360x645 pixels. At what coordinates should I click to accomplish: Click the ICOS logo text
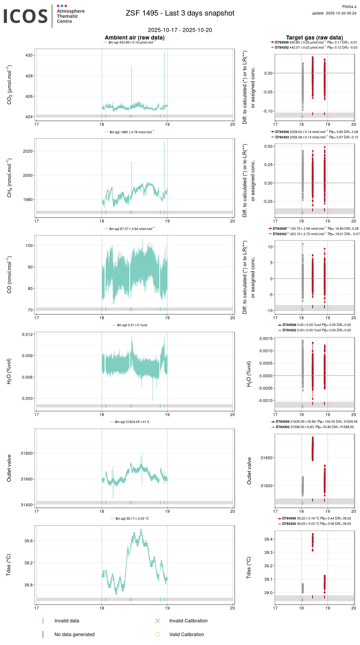click(26, 16)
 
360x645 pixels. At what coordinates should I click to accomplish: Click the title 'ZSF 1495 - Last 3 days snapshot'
click(180, 13)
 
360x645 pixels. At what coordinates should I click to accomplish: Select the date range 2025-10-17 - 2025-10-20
click(180, 30)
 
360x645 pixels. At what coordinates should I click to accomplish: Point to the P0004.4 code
click(349, 7)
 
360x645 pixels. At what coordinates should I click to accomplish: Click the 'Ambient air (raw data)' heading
click(135, 38)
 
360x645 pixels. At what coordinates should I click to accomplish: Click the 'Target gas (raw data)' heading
click(314, 38)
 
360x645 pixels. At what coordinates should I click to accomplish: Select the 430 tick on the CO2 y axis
click(29, 55)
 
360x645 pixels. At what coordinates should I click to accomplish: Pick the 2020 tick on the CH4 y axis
click(28, 151)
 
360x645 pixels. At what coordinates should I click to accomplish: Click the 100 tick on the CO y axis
click(29, 245)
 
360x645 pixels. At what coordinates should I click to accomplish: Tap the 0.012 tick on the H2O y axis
click(27, 334)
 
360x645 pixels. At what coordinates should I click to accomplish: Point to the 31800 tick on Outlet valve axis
click(27, 453)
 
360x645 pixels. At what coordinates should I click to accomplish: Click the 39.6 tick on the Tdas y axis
click(28, 541)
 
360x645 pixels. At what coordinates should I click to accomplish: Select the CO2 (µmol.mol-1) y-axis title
click(9, 85)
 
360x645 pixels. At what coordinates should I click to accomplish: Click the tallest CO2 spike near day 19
click(164, 53)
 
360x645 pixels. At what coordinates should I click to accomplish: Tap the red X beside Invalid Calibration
click(158, 621)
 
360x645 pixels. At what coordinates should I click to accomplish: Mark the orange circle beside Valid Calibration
click(158, 634)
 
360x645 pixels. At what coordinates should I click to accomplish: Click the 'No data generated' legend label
click(74, 634)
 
